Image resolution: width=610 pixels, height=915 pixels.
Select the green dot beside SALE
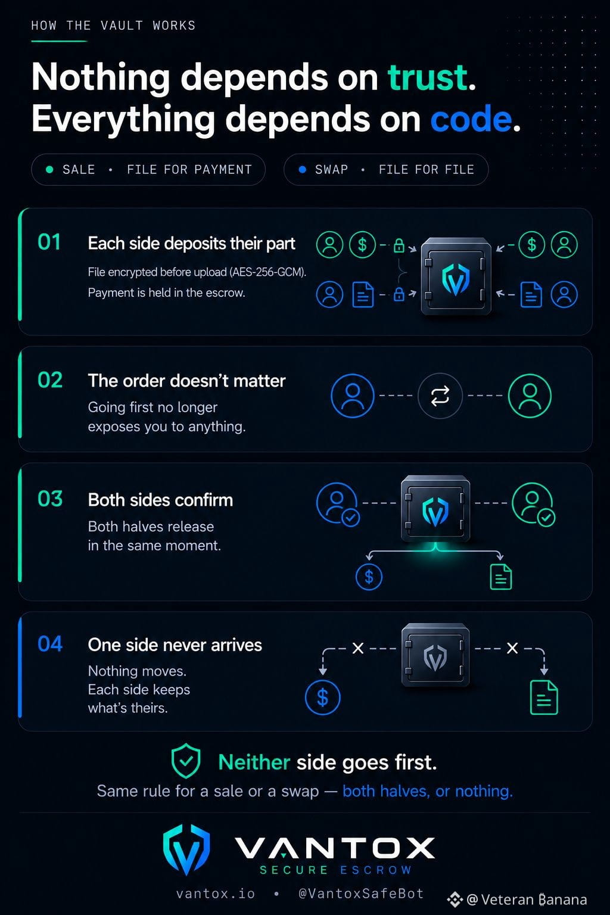49,170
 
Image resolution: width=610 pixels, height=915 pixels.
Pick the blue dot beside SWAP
303,170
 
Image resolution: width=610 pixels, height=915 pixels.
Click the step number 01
49,242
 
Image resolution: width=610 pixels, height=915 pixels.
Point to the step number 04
50,644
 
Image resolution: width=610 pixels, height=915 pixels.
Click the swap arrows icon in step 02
440,396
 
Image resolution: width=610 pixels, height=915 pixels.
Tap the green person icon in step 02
530,396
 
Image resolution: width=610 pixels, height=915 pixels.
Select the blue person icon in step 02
352,396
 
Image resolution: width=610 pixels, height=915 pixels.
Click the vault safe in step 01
456,276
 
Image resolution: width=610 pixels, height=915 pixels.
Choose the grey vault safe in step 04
435,655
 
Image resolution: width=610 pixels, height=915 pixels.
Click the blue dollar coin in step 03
369,577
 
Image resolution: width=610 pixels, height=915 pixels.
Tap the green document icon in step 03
501,577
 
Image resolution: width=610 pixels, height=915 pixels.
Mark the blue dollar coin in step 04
323,698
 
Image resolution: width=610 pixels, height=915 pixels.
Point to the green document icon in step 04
544,698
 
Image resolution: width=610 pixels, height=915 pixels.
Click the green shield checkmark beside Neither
186,761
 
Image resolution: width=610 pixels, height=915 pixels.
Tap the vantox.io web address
215,894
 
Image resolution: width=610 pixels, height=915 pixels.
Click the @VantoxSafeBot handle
361,894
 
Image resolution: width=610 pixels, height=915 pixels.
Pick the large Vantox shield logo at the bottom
186,849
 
